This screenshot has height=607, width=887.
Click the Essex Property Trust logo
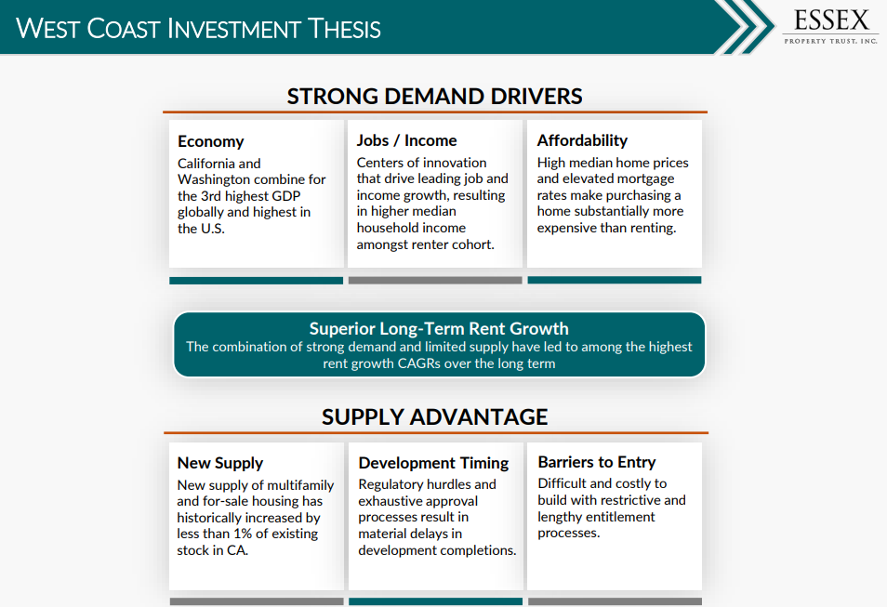[x=830, y=27]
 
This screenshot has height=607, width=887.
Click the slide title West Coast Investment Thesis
[x=198, y=28]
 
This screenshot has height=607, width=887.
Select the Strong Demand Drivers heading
[x=434, y=96]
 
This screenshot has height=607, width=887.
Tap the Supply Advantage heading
[x=434, y=417]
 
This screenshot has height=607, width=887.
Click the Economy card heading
[x=210, y=141]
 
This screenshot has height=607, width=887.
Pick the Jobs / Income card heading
[x=406, y=140]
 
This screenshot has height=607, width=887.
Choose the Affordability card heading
[x=582, y=140]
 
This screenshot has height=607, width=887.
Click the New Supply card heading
[x=220, y=463]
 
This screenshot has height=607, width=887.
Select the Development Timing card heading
[x=433, y=463]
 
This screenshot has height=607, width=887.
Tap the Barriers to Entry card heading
[x=597, y=462]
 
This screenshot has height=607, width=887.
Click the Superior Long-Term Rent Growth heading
[x=439, y=329]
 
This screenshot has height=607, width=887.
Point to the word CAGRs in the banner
[x=418, y=363]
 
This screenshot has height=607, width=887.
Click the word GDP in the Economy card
[x=285, y=196]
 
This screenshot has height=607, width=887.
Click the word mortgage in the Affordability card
[x=645, y=179]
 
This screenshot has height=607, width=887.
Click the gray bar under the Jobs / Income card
[x=435, y=280]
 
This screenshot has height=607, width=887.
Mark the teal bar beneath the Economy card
[x=257, y=281]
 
